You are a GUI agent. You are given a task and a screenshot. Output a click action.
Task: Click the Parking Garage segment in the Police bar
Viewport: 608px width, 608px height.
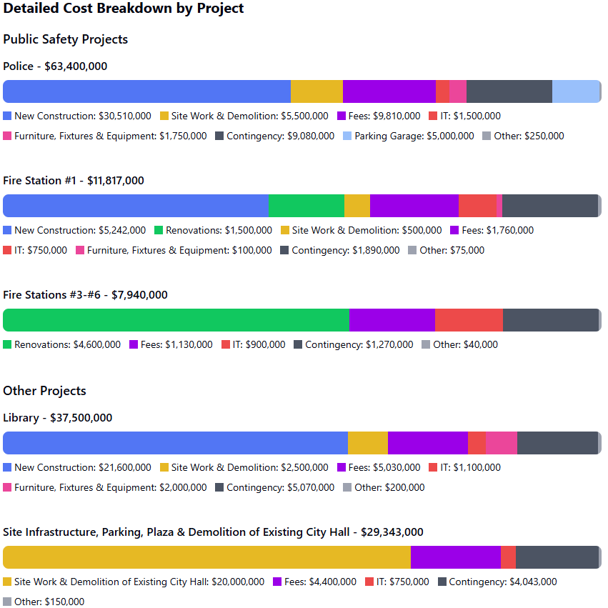pyautogui.click(x=575, y=91)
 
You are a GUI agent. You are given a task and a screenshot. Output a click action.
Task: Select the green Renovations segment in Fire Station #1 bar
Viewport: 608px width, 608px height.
pyautogui.click(x=307, y=206)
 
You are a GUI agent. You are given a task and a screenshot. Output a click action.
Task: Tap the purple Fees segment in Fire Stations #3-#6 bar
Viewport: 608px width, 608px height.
pyautogui.click(x=392, y=320)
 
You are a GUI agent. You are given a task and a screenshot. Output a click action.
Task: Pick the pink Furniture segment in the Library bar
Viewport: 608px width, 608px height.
pyautogui.click(x=502, y=443)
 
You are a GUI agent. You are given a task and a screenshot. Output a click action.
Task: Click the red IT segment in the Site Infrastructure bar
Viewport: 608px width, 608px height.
pyautogui.click(x=509, y=557)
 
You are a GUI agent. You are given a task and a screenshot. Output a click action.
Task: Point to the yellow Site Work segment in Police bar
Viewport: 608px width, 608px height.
pyautogui.click(x=317, y=91)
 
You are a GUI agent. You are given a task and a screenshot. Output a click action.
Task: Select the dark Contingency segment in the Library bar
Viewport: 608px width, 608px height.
pyautogui.click(x=557, y=443)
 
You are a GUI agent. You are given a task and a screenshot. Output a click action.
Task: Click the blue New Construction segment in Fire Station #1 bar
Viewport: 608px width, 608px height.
pyautogui.click(x=136, y=206)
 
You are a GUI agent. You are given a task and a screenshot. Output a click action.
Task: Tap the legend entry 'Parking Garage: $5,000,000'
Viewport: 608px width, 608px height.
pyautogui.click(x=409, y=136)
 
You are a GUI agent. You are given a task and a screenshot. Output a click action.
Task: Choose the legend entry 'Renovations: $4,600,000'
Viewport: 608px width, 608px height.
pyautogui.click(x=61, y=344)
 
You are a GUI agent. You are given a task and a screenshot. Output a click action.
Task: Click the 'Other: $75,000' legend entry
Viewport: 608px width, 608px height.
pyautogui.click(x=447, y=250)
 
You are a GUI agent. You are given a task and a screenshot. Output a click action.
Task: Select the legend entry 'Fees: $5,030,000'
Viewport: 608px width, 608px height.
pyautogui.click(x=379, y=467)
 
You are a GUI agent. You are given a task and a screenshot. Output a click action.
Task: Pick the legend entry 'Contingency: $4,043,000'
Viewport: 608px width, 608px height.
pyautogui.click(x=497, y=582)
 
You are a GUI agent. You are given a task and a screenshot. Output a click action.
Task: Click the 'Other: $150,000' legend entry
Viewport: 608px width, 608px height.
pyautogui.click(x=44, y=602)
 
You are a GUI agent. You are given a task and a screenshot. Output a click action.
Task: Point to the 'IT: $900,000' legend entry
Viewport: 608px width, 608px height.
pyautogui.click(x=253, y=344)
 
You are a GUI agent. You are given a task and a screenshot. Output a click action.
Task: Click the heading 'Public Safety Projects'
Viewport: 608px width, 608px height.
pyautogui.click(x=66, y=39)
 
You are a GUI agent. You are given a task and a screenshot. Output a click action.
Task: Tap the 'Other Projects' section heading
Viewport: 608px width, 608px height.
pyautogui.click(x=44, y=391)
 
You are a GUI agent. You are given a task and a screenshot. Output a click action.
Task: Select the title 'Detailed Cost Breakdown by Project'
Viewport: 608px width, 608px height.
pyautogui.click(x=124, y=8)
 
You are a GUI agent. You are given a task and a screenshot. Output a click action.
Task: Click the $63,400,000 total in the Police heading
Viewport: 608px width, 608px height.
pyautogui.click(x=76, y=66)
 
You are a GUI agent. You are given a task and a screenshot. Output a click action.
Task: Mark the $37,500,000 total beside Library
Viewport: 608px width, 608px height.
pyautogui.click(x=81, y=418)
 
